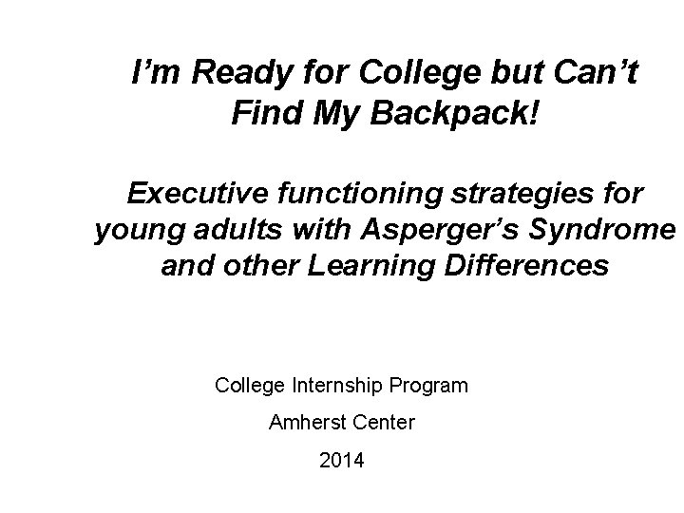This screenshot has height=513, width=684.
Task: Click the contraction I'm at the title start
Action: [x=151, y=72]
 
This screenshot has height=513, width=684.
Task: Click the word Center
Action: [x=385, y=423]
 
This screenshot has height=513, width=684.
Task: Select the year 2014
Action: [x=342, y=461]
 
